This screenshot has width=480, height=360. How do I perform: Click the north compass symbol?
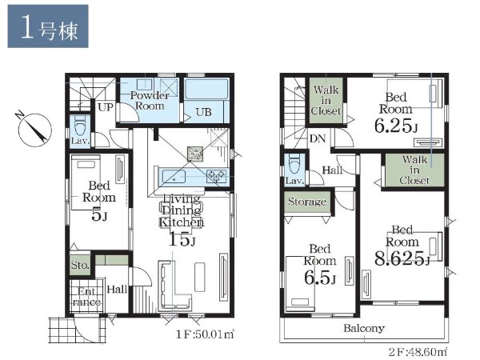(34, 130)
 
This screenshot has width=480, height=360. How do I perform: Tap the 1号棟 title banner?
(48, 26)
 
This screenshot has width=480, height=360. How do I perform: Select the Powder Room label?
(150, 101)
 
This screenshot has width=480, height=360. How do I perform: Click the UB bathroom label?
(203, 112)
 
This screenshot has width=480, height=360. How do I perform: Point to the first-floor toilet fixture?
(80, 126)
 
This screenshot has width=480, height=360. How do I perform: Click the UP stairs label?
(106, 107)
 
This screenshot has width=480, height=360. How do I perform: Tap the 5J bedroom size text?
(99, 215)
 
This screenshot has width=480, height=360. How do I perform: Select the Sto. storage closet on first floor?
(80, 264)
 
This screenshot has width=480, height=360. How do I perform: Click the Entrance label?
(86, 297)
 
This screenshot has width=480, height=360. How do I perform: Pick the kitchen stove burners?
(217, 176)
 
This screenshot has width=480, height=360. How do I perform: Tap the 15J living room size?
(182, 239)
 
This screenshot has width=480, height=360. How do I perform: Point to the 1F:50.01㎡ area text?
(205, 334)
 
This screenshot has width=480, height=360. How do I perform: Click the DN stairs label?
(318, 138)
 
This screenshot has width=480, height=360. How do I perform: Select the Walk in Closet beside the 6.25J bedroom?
(326, 101)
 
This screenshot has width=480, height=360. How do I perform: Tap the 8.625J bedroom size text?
(402, 258)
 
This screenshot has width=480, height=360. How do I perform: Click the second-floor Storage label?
(307, 202)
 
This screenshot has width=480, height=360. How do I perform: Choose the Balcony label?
(364, 328)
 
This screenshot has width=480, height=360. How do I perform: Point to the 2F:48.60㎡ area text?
(418, 352)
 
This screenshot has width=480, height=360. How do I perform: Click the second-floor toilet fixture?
(294, 164)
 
